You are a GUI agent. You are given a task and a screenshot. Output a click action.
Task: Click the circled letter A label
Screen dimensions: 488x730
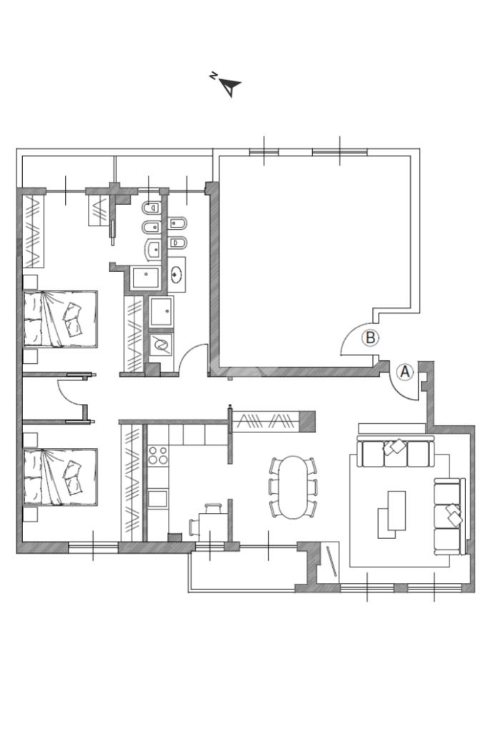click(405, 372)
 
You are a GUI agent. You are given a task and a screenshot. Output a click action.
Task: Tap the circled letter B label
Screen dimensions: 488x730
click(371, 338)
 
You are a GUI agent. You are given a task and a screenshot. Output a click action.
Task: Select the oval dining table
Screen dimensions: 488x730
click(293, 487)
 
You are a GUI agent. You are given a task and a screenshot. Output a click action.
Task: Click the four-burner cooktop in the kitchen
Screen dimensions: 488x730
click(158, 455)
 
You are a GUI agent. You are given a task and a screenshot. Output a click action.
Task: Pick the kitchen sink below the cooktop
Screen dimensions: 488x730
click(158, 499)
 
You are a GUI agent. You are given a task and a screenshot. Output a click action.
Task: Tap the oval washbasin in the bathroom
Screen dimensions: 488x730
click(176, 275)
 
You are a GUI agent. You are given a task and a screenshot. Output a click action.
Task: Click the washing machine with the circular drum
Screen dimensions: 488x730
click(161, 345)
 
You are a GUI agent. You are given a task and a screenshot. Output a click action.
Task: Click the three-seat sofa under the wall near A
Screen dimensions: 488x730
click(395, 451)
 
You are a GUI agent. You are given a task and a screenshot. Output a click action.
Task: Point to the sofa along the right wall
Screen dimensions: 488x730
click(449, 517)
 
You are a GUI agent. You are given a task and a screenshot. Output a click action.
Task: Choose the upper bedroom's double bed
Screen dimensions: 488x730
click(60, 320)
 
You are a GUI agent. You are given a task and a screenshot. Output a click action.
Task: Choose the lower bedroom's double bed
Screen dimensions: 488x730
click(60, 477)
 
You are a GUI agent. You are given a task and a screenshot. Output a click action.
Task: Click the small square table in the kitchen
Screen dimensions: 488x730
click(213, 527)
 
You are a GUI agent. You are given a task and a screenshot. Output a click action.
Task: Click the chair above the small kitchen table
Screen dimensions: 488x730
click(213, 507)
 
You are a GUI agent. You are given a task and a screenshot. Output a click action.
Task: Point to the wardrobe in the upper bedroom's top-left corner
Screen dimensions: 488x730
click(34, 231)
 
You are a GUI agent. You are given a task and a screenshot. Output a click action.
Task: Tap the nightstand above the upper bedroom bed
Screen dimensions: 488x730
click(30, 282)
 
